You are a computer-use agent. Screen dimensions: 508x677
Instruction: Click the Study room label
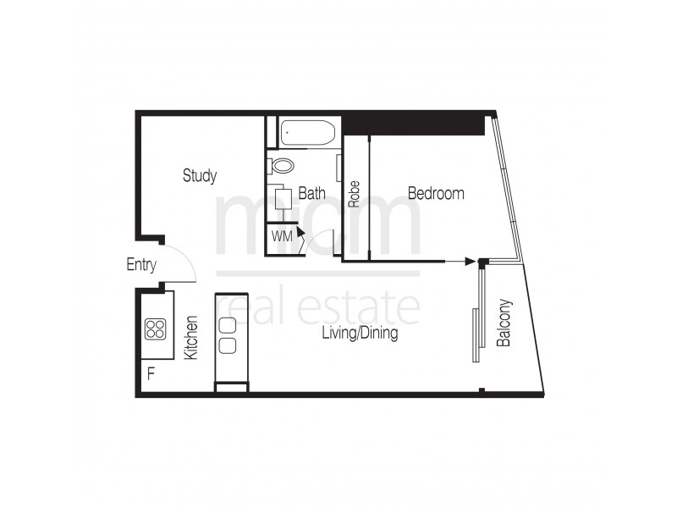click(x=200, y=176)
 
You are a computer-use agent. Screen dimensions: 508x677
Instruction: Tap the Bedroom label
click(x=436, y=194)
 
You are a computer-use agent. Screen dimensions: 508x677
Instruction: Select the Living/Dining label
click(x=360, y=334)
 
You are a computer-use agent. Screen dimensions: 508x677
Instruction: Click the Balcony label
click(x=504, y=323)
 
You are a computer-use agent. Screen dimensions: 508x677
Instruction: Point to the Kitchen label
click(x=191, y=338)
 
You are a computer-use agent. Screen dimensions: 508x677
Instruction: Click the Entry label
click(x=141, y=265)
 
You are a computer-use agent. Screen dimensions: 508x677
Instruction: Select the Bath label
click(x=311, y=194)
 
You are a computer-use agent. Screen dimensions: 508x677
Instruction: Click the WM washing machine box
click(x=282, y=237)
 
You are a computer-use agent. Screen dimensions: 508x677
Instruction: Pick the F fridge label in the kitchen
click(x=151, y=373)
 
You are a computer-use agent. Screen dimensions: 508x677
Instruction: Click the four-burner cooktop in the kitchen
click(x=155, y=328)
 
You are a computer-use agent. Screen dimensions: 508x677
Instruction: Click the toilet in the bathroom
click(x=282, y=165)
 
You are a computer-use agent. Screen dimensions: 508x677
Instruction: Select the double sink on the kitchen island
click(x=228, y=334)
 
